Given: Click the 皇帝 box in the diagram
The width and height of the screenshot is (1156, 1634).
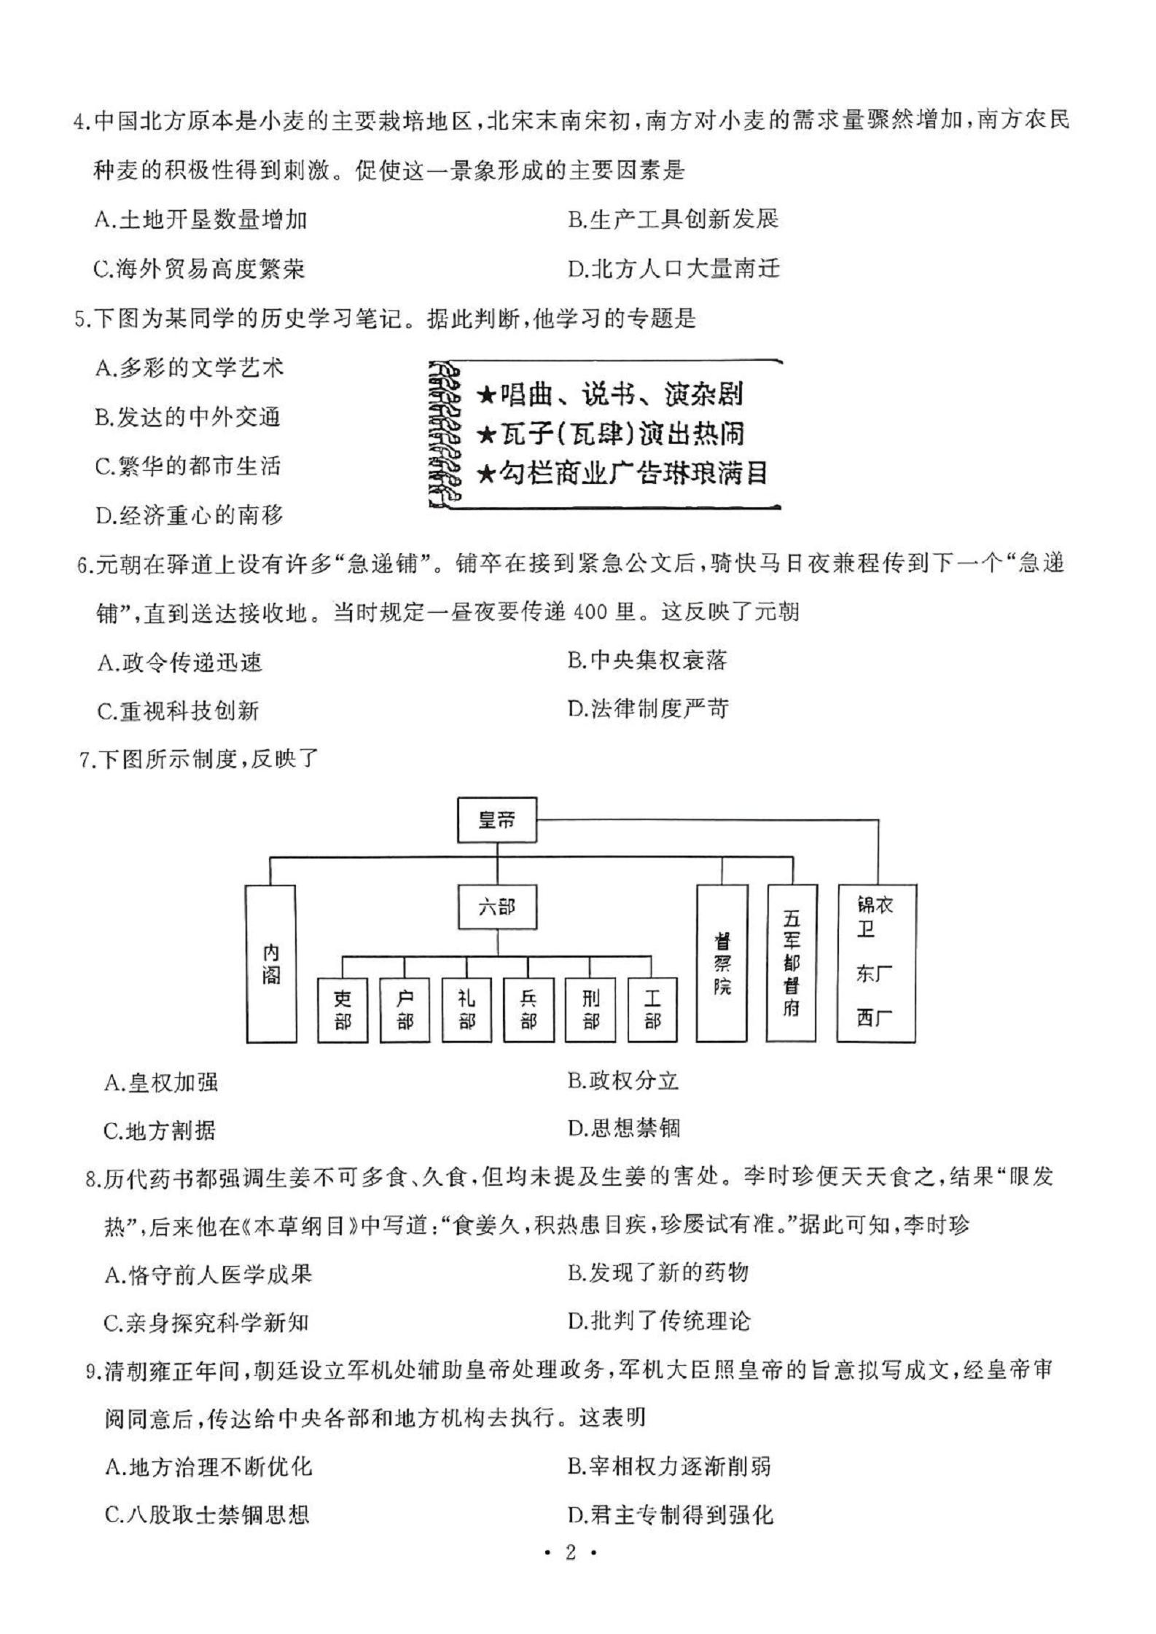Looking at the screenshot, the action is point(496,821).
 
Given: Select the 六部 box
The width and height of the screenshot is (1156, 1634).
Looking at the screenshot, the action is point(497,907).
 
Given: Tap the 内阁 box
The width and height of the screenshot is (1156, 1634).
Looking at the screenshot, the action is point(271,963).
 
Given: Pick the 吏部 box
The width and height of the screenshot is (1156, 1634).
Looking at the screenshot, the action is point(343,1009).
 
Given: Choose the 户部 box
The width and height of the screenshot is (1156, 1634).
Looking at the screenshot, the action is point(405,1009).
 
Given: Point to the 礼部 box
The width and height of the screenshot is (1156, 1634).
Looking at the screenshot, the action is point(466,1009).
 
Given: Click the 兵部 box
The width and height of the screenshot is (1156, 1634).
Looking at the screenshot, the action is point(528,1009).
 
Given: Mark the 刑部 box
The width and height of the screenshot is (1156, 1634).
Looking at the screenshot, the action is point(590,1009).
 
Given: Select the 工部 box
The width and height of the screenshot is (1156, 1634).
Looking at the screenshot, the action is point(652,1009).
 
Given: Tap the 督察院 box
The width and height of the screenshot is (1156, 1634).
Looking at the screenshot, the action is point(722,963).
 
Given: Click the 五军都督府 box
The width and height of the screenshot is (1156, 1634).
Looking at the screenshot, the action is point(792,963).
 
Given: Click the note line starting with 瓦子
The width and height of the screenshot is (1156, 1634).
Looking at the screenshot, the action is point(611,434).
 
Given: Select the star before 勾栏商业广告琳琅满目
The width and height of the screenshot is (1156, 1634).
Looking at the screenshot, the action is point(486,475).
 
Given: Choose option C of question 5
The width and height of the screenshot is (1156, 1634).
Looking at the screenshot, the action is point(187,466).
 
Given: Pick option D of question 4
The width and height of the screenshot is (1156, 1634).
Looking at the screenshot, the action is point(674,269).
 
